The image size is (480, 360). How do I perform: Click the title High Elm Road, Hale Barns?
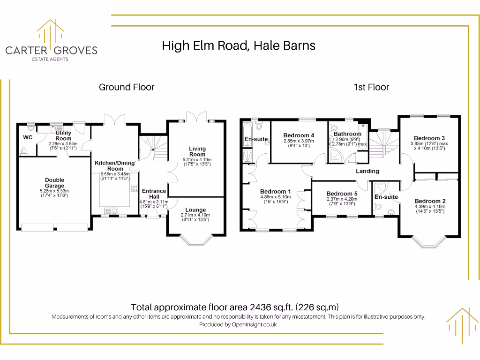tap(239, 45)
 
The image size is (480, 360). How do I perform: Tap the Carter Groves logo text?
tap(51, 50)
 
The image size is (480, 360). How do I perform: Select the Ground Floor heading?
tap(127, 87)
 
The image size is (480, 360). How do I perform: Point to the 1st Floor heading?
tap(372, 87)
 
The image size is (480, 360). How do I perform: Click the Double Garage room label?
tap(54, 183)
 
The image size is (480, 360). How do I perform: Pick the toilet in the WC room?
tap(24, 150)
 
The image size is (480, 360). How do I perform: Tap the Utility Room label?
tap(63, 136)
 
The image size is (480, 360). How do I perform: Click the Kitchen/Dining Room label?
tap(114, 165)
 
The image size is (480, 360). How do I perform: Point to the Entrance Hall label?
tap(154, 194)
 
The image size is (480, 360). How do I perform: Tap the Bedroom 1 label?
tap(276, 192)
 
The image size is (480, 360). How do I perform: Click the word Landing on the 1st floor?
tap(367, 171)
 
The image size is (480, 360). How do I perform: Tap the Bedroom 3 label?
tap(429, 138)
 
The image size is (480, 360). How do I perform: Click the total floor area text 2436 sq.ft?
tap(234, 307)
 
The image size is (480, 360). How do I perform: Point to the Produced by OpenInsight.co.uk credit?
tap(238, 324)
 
